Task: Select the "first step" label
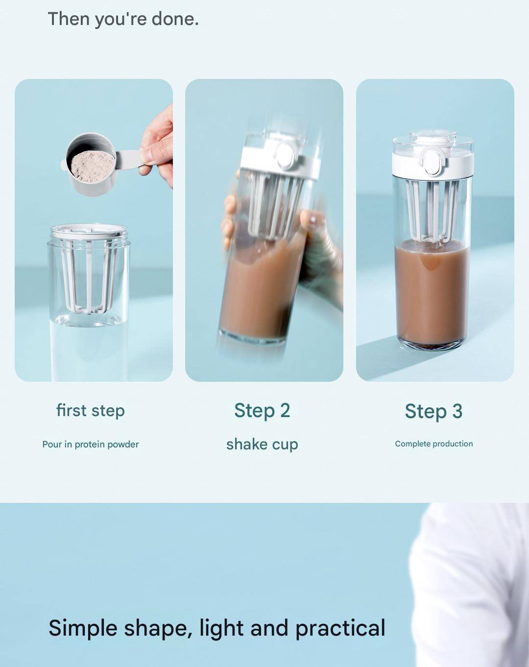point(91,411)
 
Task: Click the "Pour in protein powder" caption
point(91,445)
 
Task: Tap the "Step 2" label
point(262,410)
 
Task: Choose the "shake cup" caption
point(262,444)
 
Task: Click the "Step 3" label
point(433,411)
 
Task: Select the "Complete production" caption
point(434,444)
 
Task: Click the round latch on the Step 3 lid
point(432,161)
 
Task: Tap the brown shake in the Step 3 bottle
point(432,295)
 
